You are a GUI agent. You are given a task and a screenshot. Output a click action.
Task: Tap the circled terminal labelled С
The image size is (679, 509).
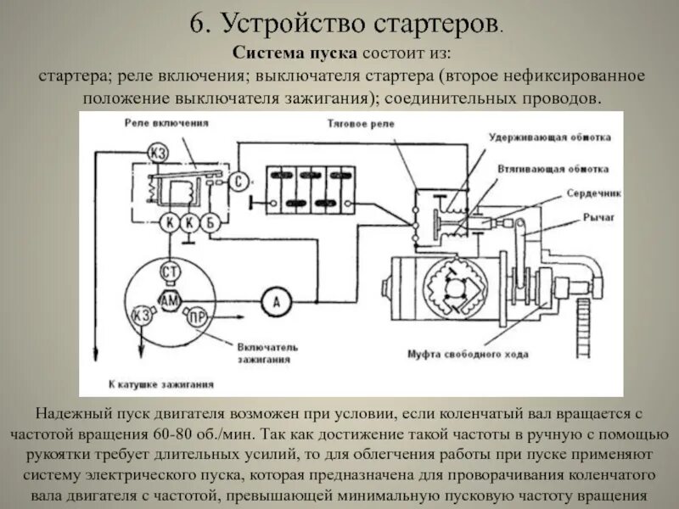(x=240, y=181)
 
